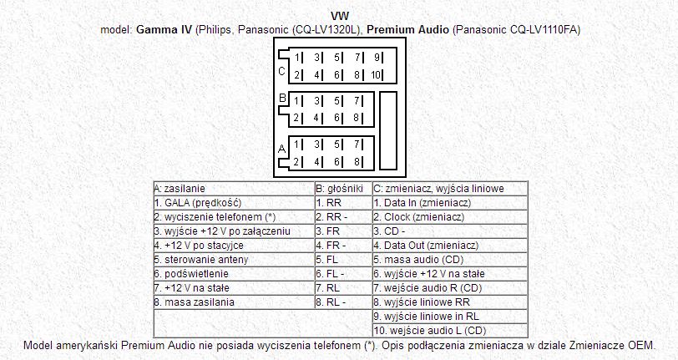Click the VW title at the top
340,17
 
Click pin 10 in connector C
375,75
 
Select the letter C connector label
281,71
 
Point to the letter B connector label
282,99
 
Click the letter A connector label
282,149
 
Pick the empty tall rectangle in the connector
388,130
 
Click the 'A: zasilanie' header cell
234,189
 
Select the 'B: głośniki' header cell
343,189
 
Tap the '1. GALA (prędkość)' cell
234,202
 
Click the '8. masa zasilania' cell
234,302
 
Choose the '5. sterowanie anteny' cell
234,260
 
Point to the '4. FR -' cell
343,246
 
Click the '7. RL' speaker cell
343,287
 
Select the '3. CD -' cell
450,231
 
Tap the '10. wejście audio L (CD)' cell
450,331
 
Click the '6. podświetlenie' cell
234,274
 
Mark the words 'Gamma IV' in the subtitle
164,30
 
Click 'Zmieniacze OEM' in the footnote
612,346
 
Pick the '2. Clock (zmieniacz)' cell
450,217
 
